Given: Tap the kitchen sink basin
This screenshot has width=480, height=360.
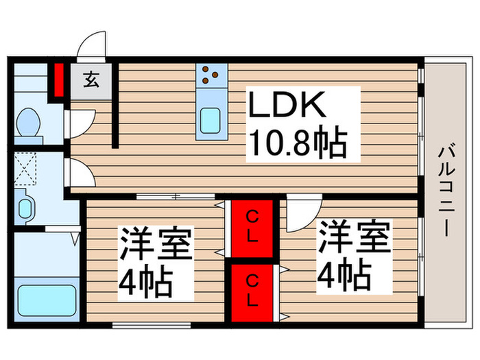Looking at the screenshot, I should (210, 120).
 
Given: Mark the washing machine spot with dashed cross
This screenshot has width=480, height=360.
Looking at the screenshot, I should (27, 169).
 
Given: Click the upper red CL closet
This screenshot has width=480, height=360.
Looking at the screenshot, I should (252, 228).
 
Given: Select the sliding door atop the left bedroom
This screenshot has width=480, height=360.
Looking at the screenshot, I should (176, 197).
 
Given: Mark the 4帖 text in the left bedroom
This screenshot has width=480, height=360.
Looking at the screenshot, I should (146, 281).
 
